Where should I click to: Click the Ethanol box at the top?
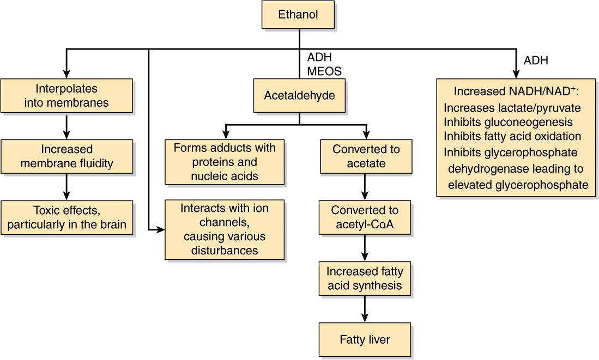click(x=298, y=15)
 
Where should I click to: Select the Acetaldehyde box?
click(x=299, y=96)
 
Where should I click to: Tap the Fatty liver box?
click(x=365, y=340)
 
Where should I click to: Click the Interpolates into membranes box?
click(x=66, y=96)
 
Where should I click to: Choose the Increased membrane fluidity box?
click(x=66, y=156)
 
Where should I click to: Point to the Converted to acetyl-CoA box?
click(x=365, y=217)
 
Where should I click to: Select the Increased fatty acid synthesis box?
click(x=365, y=278)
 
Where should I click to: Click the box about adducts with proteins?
click(x=225, y=162)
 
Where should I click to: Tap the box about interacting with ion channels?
click(x=225, y=229)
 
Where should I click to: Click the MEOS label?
click(x=324, y=71)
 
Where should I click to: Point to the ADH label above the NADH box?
click(x=536, y=60)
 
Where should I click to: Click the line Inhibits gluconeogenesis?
click(x=508, y=122)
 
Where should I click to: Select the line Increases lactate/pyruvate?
click(x=512, y=108)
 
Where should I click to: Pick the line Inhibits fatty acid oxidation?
click(x=512, y=136)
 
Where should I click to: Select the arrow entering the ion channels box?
click(x=158, y=230)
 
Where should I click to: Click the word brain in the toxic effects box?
click(x=112, y=224)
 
